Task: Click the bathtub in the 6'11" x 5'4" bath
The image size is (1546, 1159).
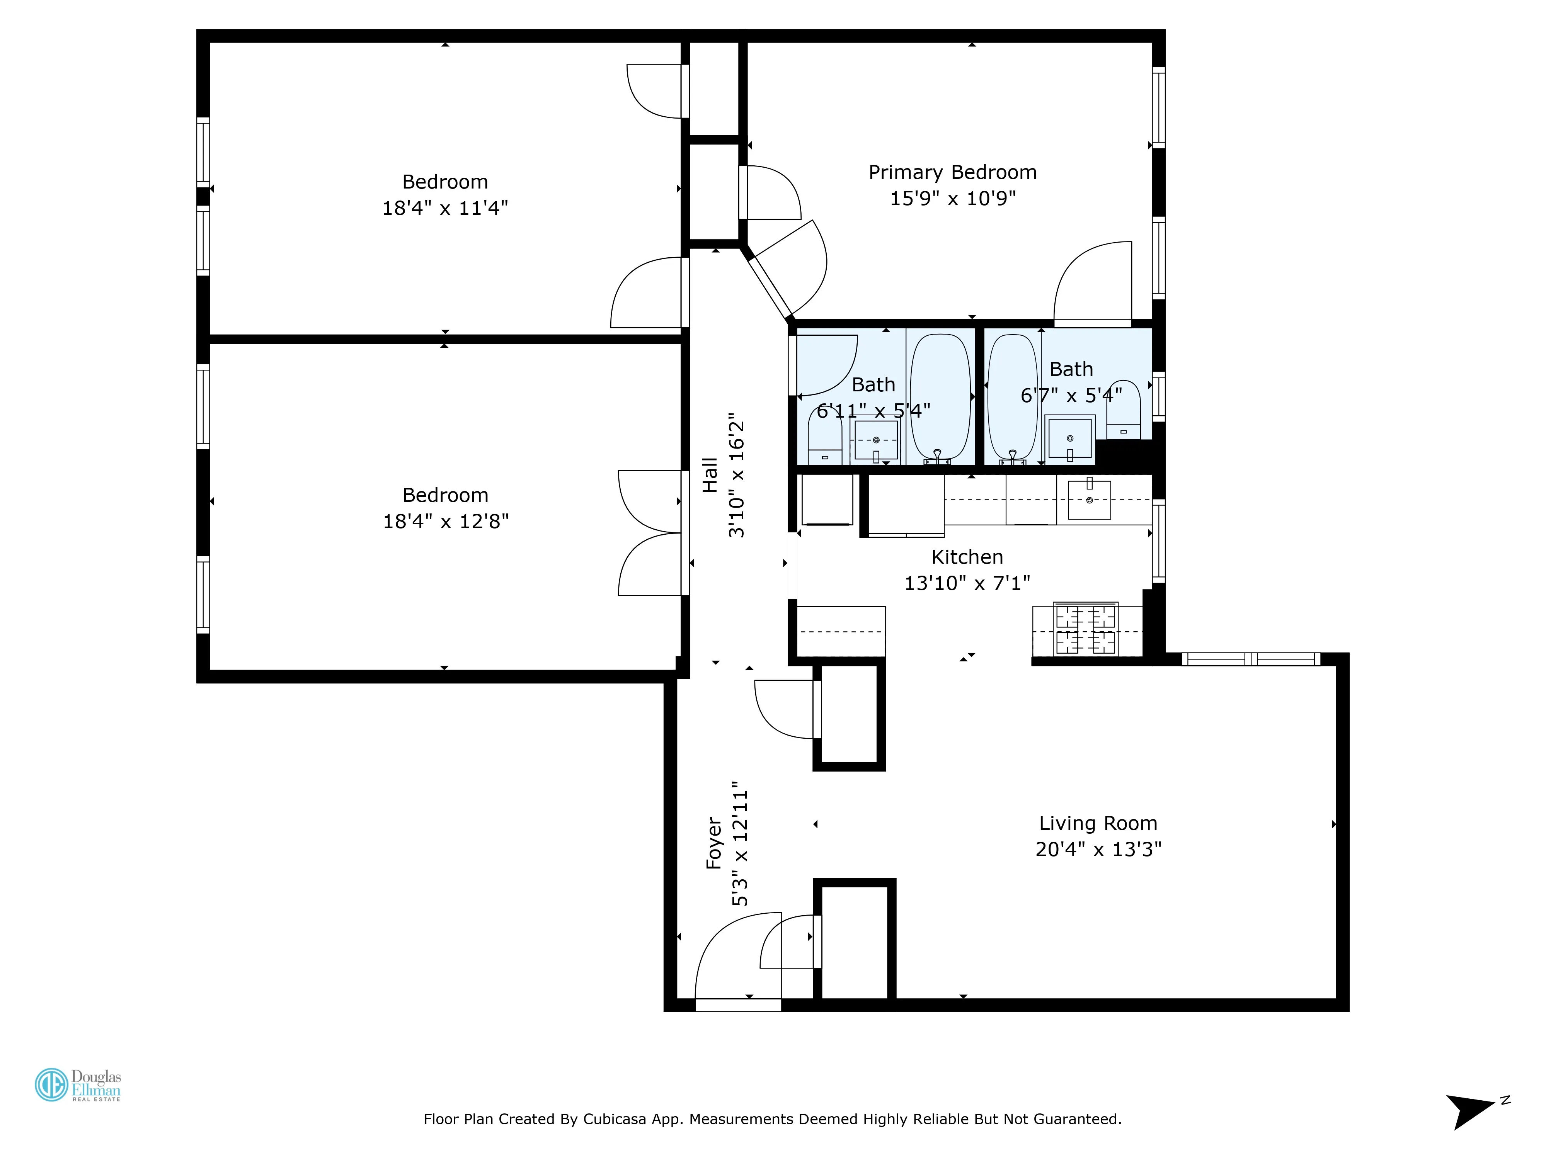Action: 940,397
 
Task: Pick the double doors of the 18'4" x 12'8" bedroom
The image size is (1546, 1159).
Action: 650,533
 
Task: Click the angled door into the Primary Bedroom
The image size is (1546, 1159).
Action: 790,269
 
